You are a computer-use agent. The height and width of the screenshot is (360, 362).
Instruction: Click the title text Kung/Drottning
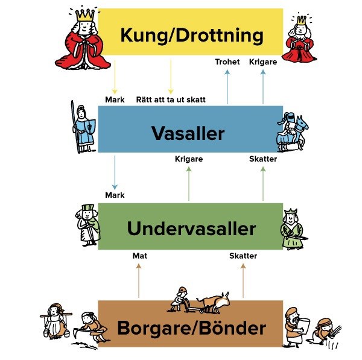tap(191, 35)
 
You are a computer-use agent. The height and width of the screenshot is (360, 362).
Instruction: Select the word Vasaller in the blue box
tap(188, 133)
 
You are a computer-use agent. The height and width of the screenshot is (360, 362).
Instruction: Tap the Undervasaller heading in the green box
tap(191, 229)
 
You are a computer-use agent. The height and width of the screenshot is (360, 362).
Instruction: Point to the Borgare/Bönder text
tap(191, 329)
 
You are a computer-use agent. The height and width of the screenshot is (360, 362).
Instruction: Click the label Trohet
tap(227, 62)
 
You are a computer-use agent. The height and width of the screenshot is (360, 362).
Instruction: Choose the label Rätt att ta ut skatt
tap(170, 99)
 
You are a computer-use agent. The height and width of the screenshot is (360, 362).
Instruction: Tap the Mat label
tap(139, 256)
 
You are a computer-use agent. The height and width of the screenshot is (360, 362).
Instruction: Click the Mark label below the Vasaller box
tap(115, 195)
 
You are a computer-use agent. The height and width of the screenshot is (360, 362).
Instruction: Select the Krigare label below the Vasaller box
tap(188, 159)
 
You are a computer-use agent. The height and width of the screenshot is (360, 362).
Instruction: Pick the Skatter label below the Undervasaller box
tap(243, 256)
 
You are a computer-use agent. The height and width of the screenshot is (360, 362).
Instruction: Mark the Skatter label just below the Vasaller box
tap(263, 159)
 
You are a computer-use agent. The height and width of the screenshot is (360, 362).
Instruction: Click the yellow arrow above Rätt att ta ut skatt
tap(171, 77)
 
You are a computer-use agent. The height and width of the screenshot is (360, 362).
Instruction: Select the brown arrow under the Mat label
tap(139, 280)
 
